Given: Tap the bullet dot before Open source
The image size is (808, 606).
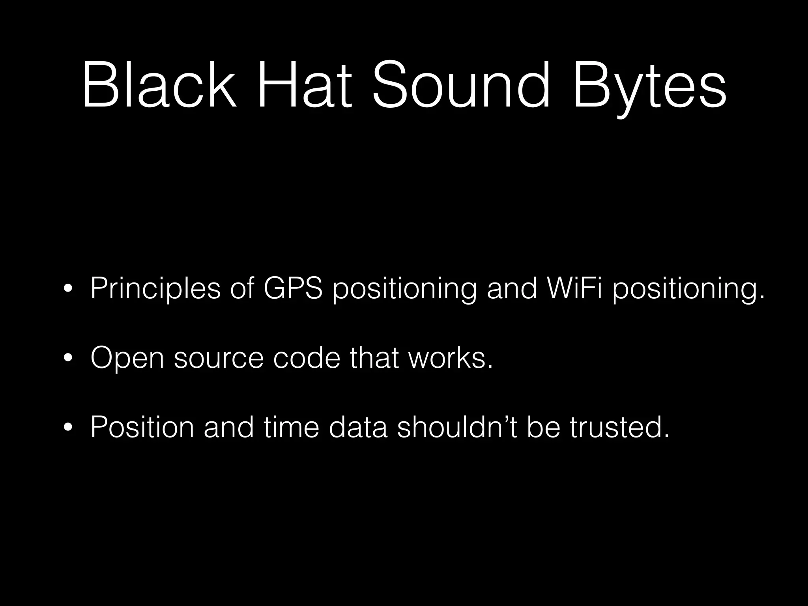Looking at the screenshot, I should tap(68, 358).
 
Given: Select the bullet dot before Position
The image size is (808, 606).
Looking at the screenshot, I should tap(68, 427).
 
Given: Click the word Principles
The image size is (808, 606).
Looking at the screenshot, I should tap(155, 289).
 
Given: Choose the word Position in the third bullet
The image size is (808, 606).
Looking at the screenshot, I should tap(142, 427).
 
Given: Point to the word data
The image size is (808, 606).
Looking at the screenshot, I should tap(358, 427).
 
